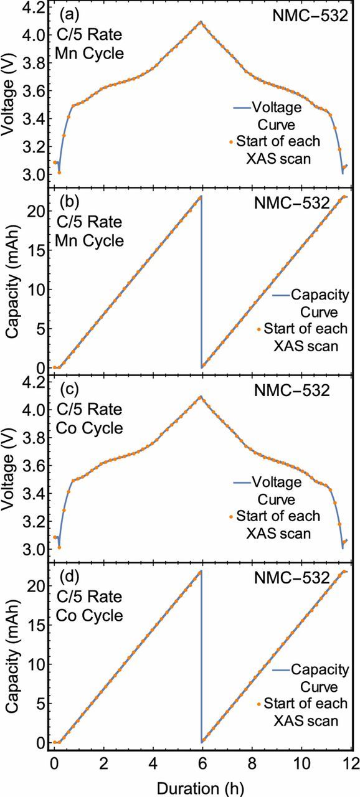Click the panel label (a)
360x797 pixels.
69,14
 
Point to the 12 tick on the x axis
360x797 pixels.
350,763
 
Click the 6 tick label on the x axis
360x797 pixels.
201,763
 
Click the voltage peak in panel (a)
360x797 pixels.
200,22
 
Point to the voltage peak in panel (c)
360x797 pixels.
200,396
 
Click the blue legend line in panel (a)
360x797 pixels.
241,108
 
